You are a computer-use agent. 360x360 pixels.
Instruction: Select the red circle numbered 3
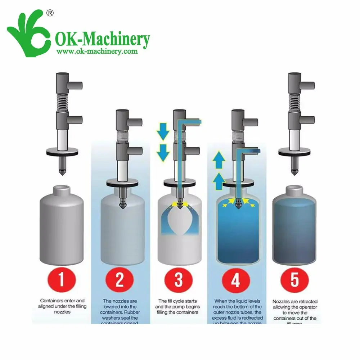pyautogui.click(x=178, y=280)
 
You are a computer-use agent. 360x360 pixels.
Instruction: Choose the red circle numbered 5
pyautogui.click(x=294, y=280)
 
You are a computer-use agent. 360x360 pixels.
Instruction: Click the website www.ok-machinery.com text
pyautogui.click(x=96, y=51)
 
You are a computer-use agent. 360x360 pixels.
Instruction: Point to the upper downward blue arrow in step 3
pyautogui.click(x=163, y=131)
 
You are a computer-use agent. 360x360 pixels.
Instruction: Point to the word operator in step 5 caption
pyautogui.click(x=306, y=307)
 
